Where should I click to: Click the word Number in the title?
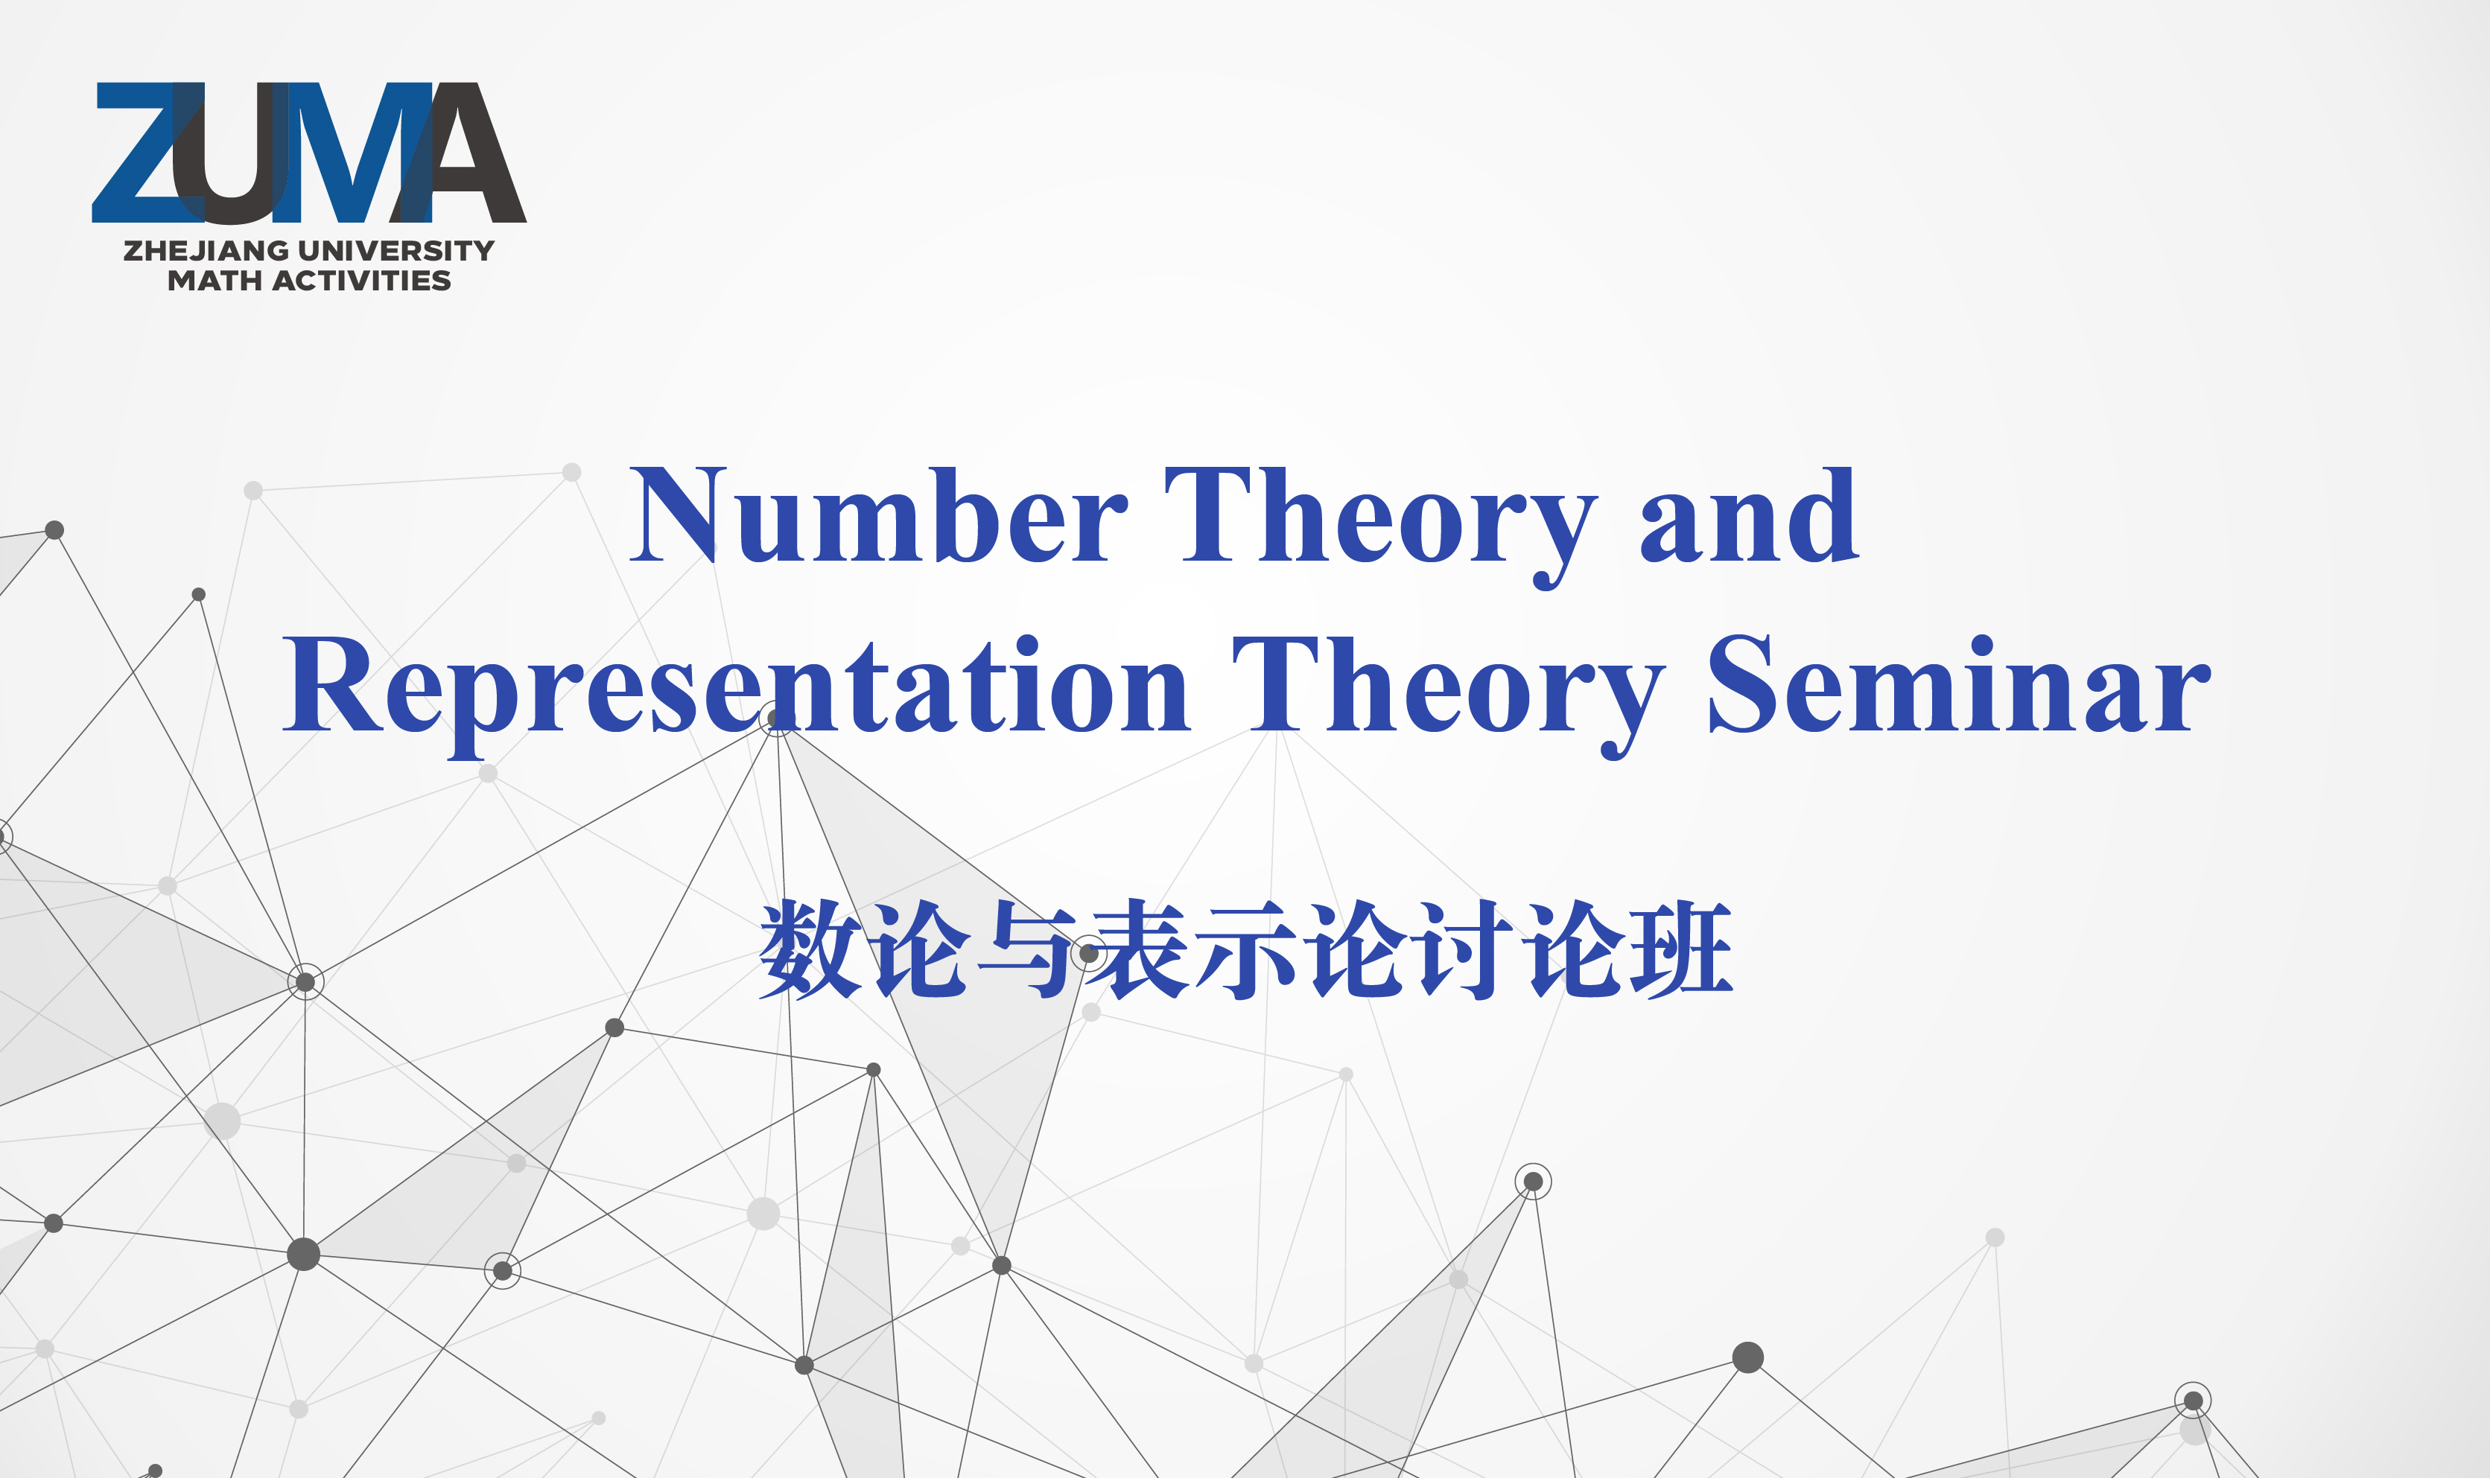pos(878,515)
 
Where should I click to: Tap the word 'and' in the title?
pos(1749,515)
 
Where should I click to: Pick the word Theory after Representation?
pos(1449,696)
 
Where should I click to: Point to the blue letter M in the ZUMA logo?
pos(354,153)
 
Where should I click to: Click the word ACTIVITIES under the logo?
pos(361,281)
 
